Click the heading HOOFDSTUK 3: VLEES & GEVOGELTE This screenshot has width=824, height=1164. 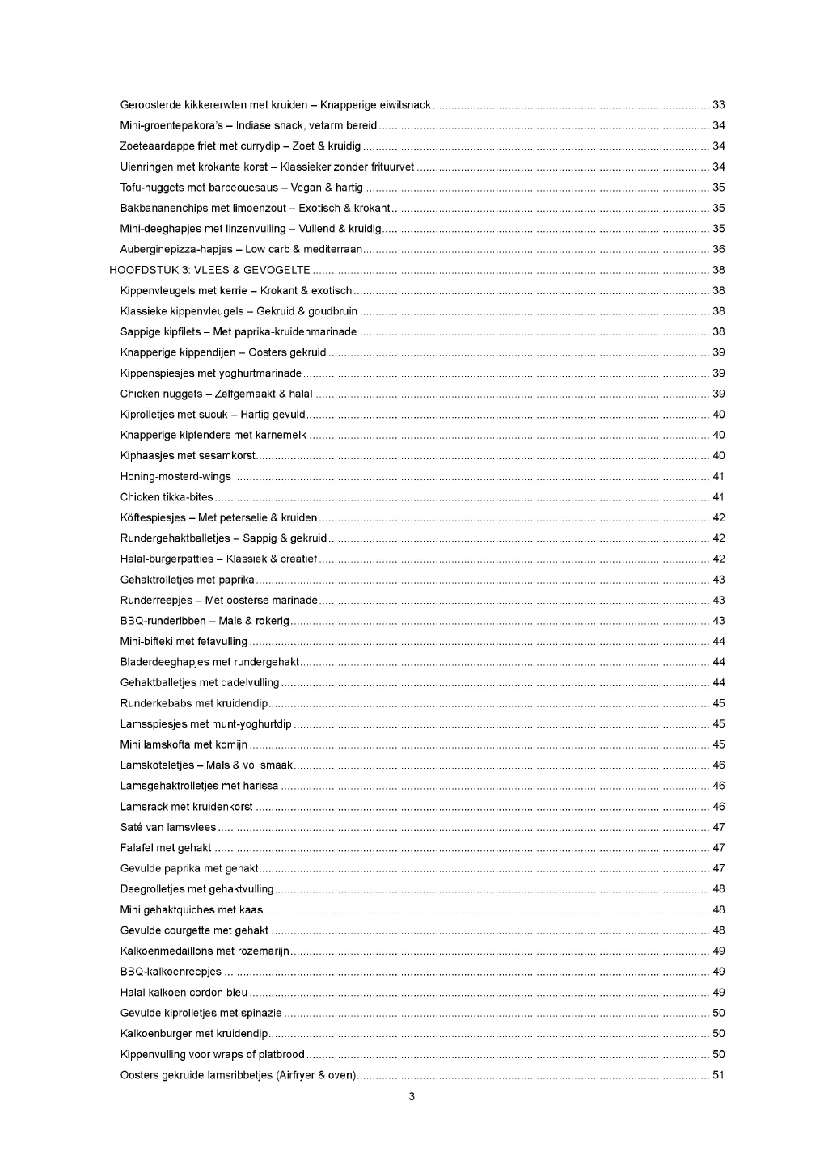209,270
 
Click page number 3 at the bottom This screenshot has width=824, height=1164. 412,1097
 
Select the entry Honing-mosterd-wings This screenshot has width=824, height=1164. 175,477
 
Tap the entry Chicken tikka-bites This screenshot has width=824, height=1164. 167,497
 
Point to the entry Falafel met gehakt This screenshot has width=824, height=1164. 166,848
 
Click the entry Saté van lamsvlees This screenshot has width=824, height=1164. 168,827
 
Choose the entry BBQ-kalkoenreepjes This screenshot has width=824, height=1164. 171,972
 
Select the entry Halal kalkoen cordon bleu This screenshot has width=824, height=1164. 184,993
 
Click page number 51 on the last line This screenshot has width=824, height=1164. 718,1075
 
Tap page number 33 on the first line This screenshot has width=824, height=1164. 718,105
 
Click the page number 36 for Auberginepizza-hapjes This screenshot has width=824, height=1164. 718,250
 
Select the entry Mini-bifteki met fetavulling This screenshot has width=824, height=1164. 184,642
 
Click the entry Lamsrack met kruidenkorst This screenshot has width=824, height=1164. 186,807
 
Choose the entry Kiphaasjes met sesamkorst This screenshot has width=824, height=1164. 188,456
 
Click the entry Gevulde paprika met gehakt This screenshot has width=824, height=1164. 189,868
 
